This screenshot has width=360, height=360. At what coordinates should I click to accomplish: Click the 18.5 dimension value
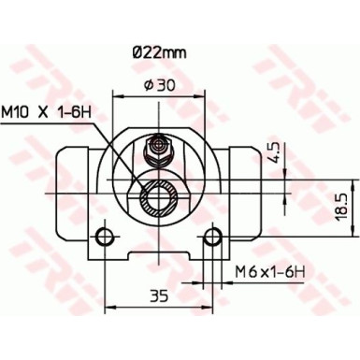[344, 205]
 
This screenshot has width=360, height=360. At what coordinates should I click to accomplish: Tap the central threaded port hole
[158, 198]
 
